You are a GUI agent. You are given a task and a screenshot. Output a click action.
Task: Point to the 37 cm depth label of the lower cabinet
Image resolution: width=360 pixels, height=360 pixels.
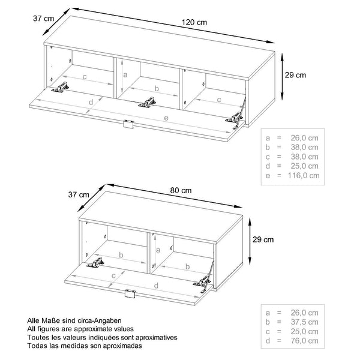[78, 194]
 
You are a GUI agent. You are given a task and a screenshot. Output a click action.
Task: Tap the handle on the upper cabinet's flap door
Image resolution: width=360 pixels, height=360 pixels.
[127, 124]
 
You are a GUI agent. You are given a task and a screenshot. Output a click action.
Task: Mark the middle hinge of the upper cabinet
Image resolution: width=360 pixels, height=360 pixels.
[145, 103]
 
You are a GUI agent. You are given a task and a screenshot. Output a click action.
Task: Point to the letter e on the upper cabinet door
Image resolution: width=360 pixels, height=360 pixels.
[166, 119]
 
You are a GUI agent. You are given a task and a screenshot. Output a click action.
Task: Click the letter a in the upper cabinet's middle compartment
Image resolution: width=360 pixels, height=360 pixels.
[124, 75]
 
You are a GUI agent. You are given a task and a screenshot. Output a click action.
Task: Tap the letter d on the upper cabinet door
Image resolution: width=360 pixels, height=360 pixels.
[90, 103]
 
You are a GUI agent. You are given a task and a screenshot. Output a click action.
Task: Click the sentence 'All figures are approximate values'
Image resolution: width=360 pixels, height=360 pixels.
[80, 329]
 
